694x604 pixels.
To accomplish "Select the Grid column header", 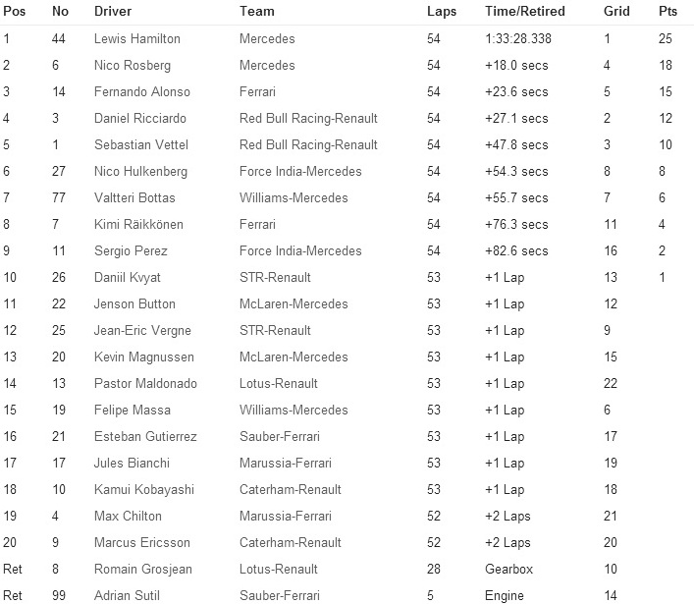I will (615, 12).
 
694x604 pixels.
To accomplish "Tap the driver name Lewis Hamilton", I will (135, 39).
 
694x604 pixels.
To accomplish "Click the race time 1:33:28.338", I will (519, 39).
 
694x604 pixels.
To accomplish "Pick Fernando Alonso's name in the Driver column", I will (142, 92).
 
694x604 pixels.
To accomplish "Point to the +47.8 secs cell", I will (516, 145).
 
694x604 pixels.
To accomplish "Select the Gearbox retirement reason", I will (507, 569).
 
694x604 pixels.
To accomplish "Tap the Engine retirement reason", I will (504, 595).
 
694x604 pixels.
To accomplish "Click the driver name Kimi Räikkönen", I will (138, 225).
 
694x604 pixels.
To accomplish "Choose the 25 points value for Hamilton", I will (665, 39).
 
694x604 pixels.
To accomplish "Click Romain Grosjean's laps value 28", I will (434, 569).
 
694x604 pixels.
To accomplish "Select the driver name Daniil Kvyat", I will (128, 278).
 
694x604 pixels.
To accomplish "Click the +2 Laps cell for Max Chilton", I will (507, 516).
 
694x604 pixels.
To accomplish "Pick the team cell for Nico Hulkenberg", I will (300, 172).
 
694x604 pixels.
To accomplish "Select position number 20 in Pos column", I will (11, 542).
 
